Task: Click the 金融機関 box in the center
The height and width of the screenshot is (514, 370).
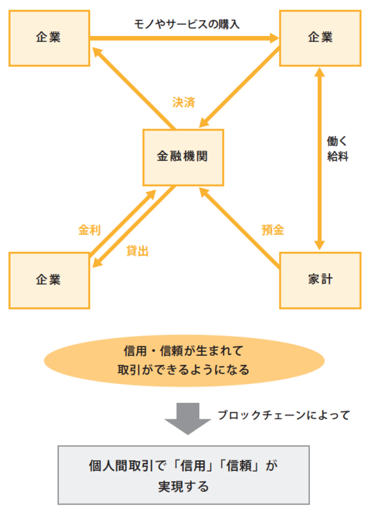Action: (x=182, y=156)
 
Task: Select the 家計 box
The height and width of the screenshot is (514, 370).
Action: (x=320, y=280)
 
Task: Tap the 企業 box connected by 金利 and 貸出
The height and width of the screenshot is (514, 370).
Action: (x=48, y=280)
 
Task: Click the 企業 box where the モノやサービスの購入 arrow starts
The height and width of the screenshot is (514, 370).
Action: (x=48, y=38)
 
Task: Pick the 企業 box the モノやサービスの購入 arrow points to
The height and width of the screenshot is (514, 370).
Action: (x=320, y=38)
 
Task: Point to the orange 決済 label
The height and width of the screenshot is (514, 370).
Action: (x=184, y=102)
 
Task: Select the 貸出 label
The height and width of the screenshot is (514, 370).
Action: (x=137, y=251)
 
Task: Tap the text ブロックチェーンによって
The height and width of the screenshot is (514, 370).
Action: (x=283, y=415)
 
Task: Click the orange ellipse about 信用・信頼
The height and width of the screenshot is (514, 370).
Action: (x=184, y=359)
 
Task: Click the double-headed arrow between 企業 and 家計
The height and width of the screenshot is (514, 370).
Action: (x=318, y=156)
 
